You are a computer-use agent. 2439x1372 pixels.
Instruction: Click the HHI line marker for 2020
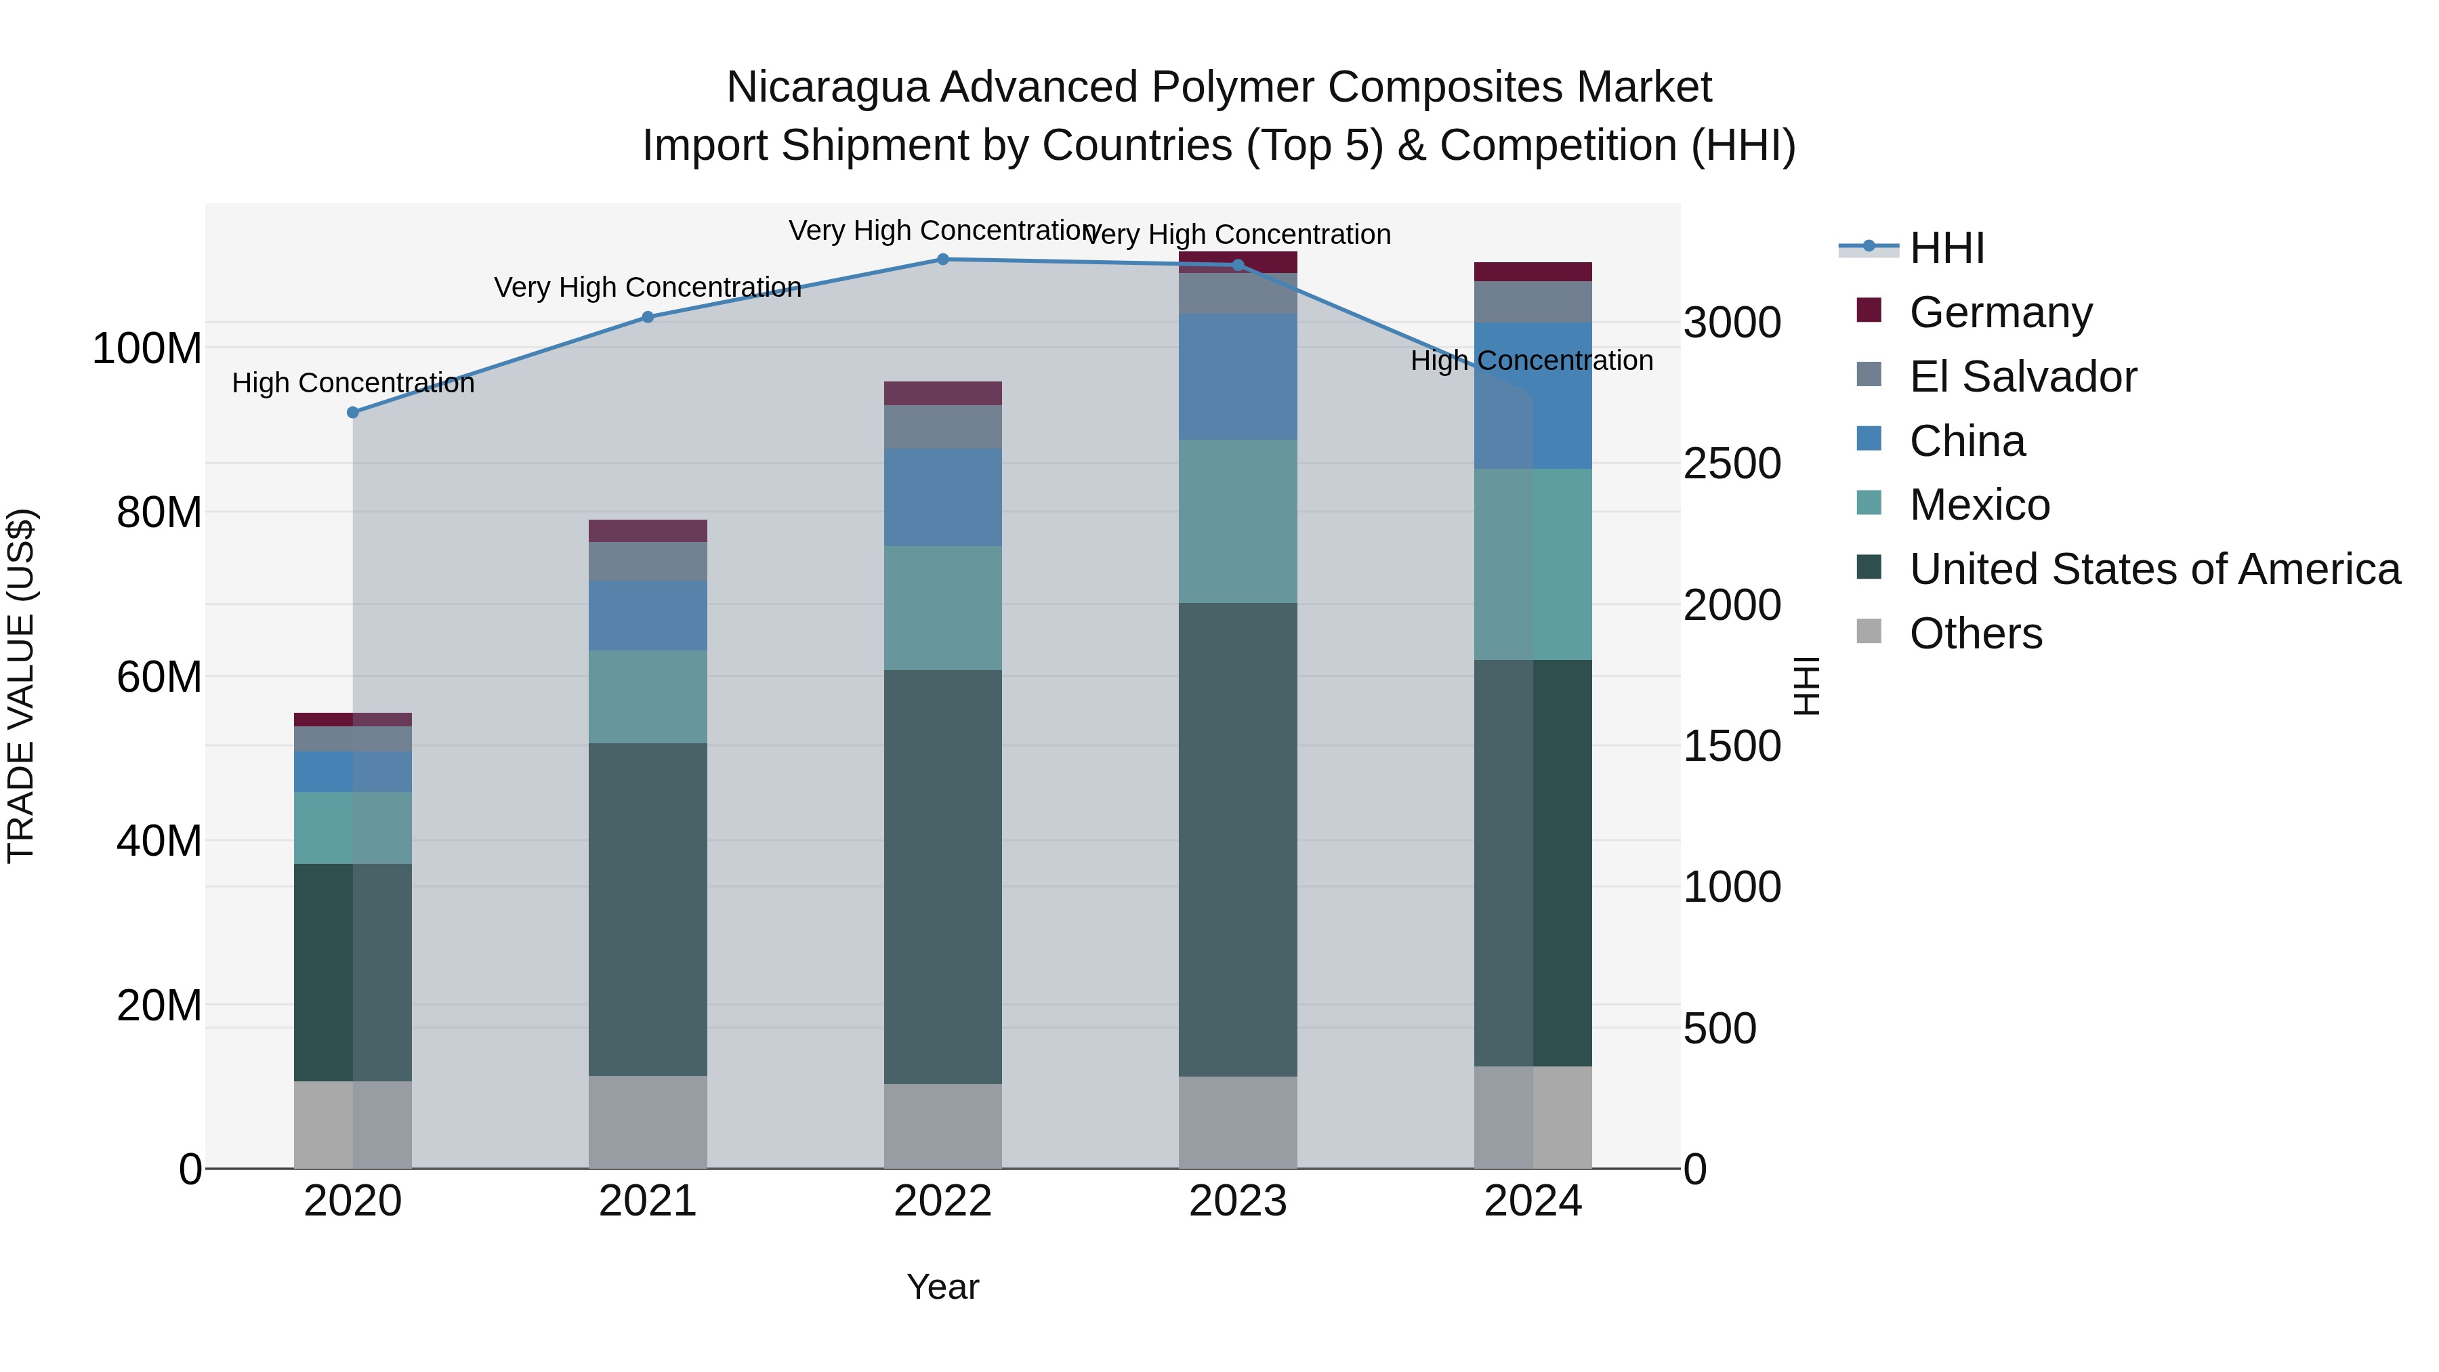coord(353,413)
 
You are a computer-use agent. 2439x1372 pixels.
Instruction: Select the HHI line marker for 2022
coord(943,259)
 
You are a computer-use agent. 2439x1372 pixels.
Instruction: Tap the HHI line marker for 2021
coord(648,317)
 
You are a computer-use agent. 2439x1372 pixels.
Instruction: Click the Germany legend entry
coord(2000,312)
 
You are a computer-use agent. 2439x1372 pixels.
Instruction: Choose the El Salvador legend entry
coord(2022,377)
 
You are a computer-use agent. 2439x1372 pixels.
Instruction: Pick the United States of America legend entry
coord(2154,569)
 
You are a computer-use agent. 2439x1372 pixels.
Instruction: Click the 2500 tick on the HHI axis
coord(1732,464)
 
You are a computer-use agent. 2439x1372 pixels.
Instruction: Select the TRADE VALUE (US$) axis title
coord(21,686)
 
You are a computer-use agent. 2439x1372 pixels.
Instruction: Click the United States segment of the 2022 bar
coord(943,876)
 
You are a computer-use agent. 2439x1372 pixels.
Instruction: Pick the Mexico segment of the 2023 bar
coord(1238,521)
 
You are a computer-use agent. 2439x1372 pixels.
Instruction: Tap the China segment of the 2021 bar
coord(648,615)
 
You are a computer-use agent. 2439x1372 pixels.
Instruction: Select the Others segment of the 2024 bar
coord(1533,1117)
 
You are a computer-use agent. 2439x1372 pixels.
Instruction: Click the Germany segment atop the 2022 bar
coord(943,393)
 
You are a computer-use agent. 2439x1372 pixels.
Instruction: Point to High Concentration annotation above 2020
coord(353,383)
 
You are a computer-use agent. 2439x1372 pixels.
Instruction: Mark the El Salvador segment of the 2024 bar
coord(1533,302)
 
